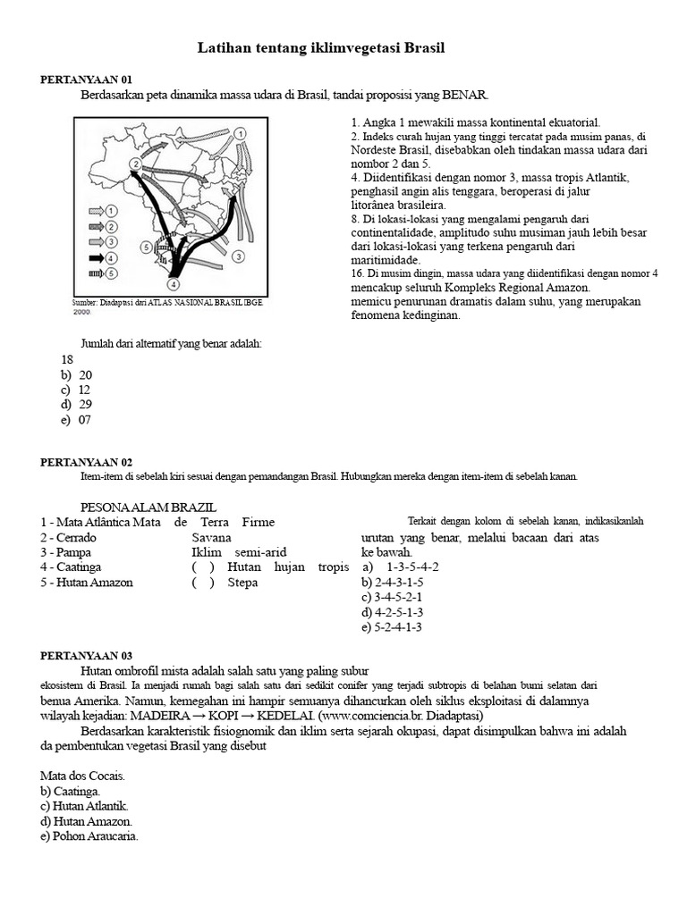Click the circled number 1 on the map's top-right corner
pyautogui.click(x=241, y=134)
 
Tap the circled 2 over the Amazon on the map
pyautogui.click(x=133, y=164)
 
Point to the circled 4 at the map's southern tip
pyautogui.click(x=174, y=284)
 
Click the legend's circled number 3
pyautogui.click(x=112, y=241)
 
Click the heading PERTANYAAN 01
pyautogui.click(x=86, y=79)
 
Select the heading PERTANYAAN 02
pyautogui.click(x=86, y=462)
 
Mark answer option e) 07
pyautogui.click(x=77, y=420)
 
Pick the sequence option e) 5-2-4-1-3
pyautogui.click(x=392, y=626)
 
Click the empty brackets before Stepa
pyautogui.click(x=202, y=583)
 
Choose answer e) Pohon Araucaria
pyautogui.click(x=89, y=836)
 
